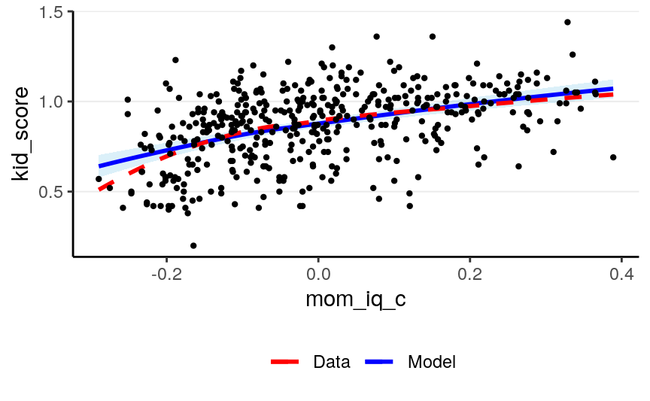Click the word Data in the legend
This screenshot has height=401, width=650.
point(332,362)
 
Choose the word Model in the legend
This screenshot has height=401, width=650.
point(432,362)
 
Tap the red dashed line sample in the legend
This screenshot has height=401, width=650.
point(287,362)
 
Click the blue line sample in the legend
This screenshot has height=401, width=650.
point(381,362)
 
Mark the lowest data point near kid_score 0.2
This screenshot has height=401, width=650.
point(193,245)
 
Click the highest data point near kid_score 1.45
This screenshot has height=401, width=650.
point(567,23)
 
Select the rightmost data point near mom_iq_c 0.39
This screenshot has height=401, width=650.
point(613,157)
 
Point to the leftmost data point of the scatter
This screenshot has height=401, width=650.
point(99,179)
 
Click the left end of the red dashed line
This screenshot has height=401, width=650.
point(99,190)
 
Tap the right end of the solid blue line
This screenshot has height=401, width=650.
point(613,88)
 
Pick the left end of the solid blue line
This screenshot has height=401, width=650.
point(99,166)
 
